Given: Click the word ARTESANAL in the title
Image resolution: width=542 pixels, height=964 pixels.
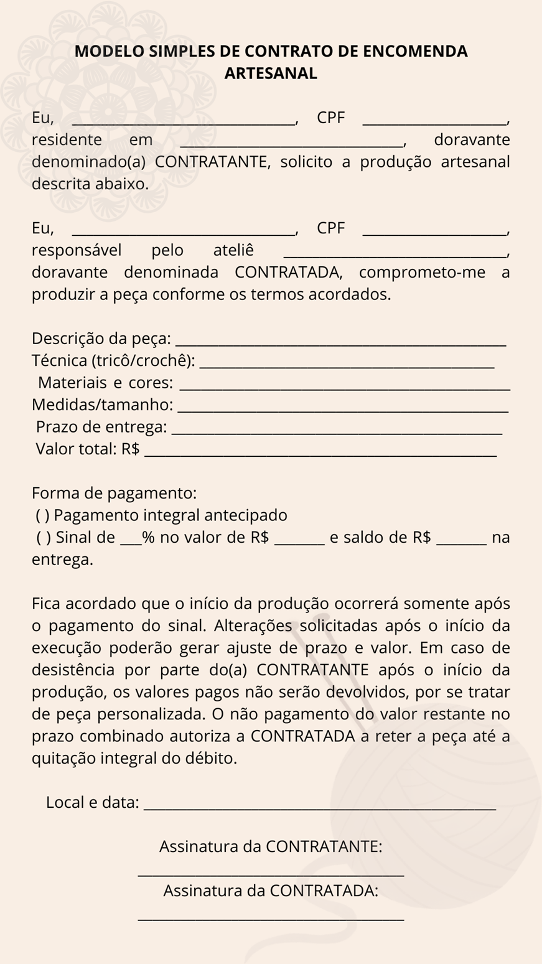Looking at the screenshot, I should pos(271,73).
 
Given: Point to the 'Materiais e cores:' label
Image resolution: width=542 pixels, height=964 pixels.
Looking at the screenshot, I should pos(105,383).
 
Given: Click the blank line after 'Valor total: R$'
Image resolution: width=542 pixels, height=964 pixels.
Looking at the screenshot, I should pos(320,455).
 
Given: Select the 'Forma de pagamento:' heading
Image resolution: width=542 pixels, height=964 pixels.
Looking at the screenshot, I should pos(114,494).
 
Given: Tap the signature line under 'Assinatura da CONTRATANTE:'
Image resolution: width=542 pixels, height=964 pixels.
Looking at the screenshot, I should pos(271,876).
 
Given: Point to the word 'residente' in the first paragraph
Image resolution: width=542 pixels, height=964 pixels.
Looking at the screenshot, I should pos(67,139).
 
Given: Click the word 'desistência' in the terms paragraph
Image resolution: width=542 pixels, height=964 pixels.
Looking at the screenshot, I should pos(73,670).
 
